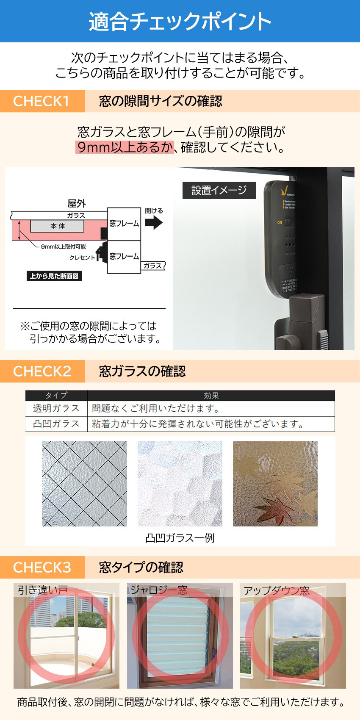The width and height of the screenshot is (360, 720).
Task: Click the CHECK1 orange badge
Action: (42, 101)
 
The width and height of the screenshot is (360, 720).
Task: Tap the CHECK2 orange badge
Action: (42, 371)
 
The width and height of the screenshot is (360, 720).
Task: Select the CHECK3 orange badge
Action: (42, 567)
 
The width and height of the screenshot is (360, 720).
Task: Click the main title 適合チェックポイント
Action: (180, 21)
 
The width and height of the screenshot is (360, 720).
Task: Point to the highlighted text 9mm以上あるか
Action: (125, 147)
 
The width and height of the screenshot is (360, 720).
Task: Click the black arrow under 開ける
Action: (153, 222)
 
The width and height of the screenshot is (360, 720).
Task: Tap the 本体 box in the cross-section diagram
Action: (57, 226)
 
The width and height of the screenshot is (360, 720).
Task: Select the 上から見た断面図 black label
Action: (54, 276)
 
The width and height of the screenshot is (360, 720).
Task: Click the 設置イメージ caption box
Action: (219, 190)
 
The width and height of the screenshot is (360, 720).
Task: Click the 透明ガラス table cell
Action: (56, 408)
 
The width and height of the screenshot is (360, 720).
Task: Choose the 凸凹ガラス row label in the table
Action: (56, 424)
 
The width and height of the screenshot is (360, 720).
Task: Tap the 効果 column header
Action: (211, 396)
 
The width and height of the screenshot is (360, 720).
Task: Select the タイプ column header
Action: (56, 396)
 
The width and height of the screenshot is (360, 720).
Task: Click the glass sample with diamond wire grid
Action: (85, 484)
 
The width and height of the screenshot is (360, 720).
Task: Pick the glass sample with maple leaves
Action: (275, 484)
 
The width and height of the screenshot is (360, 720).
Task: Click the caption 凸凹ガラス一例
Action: (180, 538)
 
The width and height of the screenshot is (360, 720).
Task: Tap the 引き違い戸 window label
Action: (43, 590)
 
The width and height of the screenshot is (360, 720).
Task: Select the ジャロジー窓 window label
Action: (159, 590)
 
